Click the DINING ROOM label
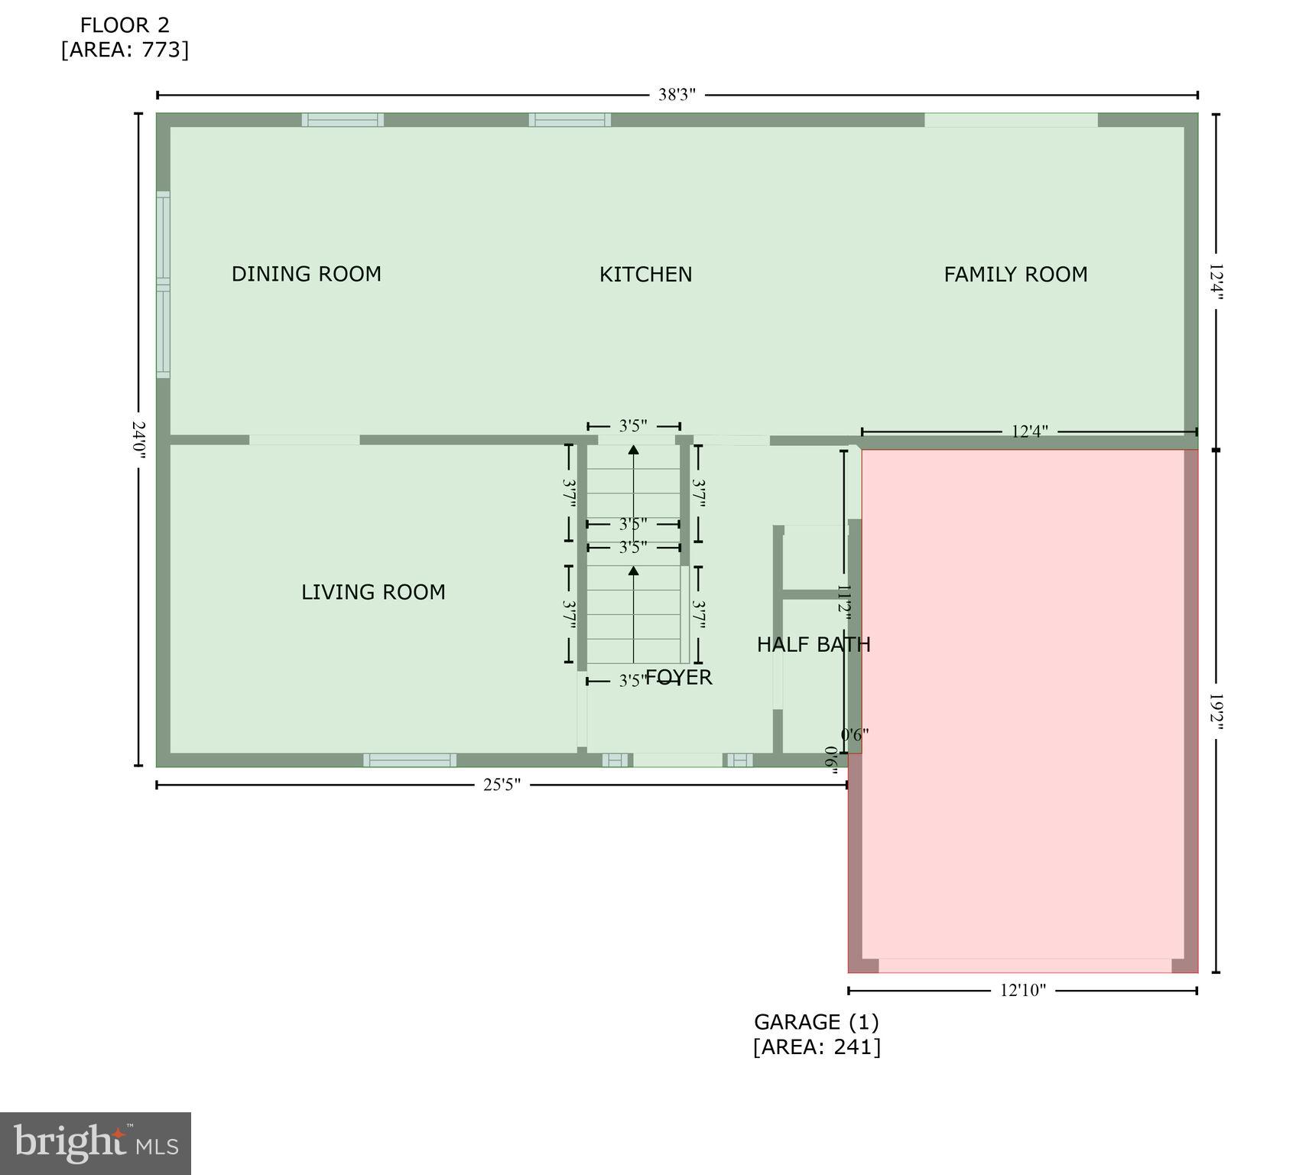point(306,274)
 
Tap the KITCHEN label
point(645,275)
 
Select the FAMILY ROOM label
point(1015,275)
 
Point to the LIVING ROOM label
point(373,592)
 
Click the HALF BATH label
point(814,645)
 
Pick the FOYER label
point(680,677)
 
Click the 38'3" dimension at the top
point(677,95)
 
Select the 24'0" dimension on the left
point(139,440)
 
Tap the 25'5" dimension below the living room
point(502,785)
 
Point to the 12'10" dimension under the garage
point(1022,991)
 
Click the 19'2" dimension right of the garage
point(1216,712)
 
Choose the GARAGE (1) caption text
point(816,1022)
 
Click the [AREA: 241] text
point(816,1046)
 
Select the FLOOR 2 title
point(125,25)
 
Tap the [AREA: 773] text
point(125,50)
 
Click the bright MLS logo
point(96,1143)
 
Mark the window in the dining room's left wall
point(163,285)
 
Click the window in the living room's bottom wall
point(410,760)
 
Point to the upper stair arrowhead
point(633,450)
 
